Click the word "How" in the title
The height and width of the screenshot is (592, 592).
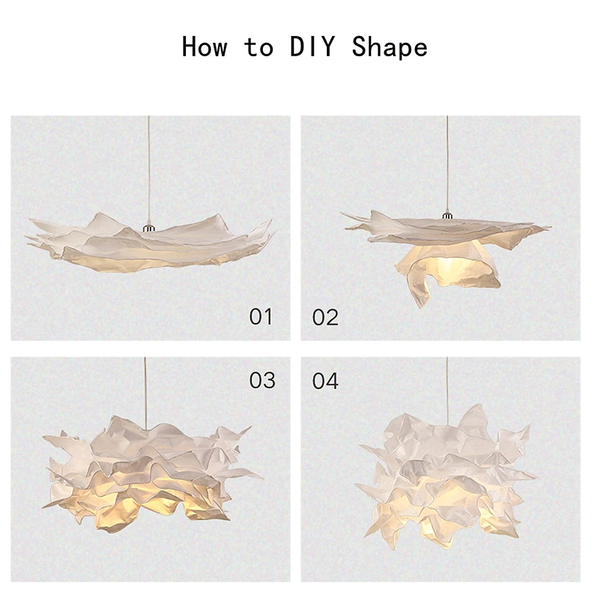pos(204,47)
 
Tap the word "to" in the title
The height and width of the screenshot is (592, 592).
pos(258,47)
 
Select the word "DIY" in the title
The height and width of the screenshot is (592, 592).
pos(312,47)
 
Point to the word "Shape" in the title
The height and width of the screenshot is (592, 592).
pos(390,47)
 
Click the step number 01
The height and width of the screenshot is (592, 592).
pos(260,317)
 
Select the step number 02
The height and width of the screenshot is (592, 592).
pos(326,317)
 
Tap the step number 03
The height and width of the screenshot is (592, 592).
pos(262,381)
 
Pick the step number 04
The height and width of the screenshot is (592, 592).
pos(326,381)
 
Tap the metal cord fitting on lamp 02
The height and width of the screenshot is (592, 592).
pos(447,215)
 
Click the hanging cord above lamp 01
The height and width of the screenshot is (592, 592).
pos(149,172)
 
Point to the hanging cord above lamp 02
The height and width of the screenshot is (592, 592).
pos(447,166)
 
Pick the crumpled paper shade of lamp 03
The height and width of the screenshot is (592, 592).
pos(148,474)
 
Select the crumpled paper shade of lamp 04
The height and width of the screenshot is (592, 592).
pos(447,474)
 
